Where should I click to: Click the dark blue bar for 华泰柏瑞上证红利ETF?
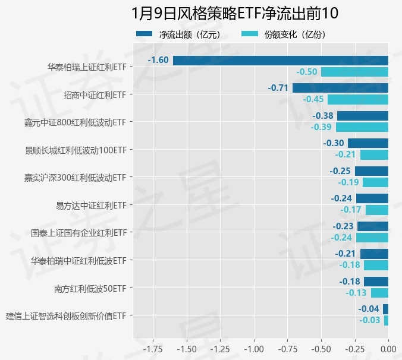pos(281,60)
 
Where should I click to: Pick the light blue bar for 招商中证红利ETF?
pos(358,99)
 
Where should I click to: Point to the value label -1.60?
pos(158,60)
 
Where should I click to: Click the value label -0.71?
pos(278,88)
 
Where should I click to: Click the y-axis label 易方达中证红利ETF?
pos(91,206)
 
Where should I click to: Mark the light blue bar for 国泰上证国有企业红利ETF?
pos(372,237)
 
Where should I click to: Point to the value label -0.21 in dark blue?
pos(346,254)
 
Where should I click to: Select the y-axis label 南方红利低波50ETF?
pos(90,289)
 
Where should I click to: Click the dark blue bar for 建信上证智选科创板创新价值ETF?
pos(385,309)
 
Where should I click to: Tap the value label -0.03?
pos(370,320)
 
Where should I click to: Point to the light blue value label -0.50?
pos(307,72)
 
